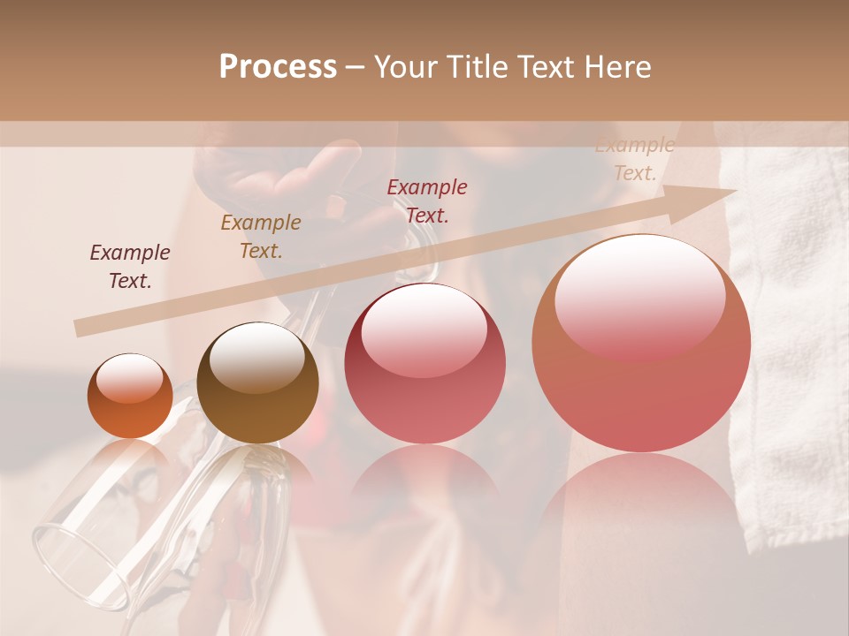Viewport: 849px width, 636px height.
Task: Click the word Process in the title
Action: click(x=278, y=67)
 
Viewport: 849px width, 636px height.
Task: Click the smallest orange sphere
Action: click(x=130, y=396)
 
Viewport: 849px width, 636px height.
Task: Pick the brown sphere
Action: click(x=257, y=382)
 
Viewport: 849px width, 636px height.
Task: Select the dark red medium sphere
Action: click(x=424, y=363)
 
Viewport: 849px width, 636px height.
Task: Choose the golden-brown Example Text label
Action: click(x=261, y=237)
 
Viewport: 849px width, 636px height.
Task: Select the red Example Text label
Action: click(x=427, y=201)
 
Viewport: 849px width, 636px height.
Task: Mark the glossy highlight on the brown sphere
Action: click(x=256, y=353)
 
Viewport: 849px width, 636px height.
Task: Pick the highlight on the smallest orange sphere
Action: click(x=130, y=378)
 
